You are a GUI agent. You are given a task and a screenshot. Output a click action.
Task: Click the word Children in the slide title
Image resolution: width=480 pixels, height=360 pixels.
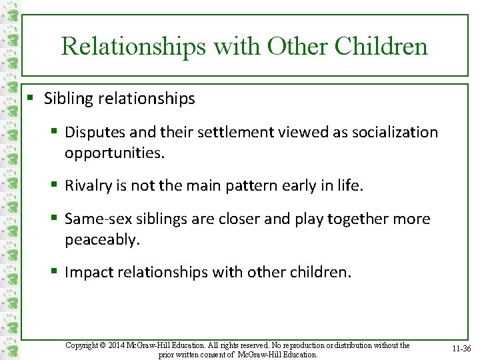click(381, 46)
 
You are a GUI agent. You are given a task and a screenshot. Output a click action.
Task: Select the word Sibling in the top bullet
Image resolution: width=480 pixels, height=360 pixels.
click(67, 99)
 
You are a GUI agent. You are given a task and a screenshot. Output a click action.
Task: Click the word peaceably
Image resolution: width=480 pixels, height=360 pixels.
click(102, 239)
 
